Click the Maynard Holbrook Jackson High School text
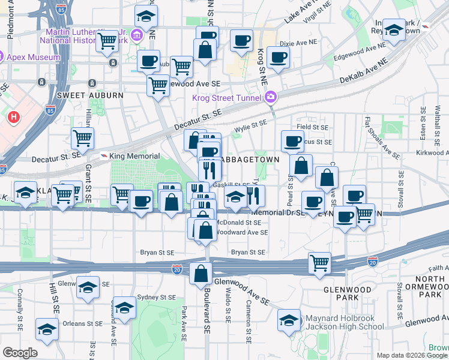(x=345, y=322)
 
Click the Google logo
(x=20, y=353)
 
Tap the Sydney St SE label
(x=156, y=297)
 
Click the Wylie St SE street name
(x=250, y=125)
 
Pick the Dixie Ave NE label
(x=298, y=43)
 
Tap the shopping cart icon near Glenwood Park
(x=320, y=262)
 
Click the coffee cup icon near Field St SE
(x=292, y=142)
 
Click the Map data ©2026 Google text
(x=411, y=355)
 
